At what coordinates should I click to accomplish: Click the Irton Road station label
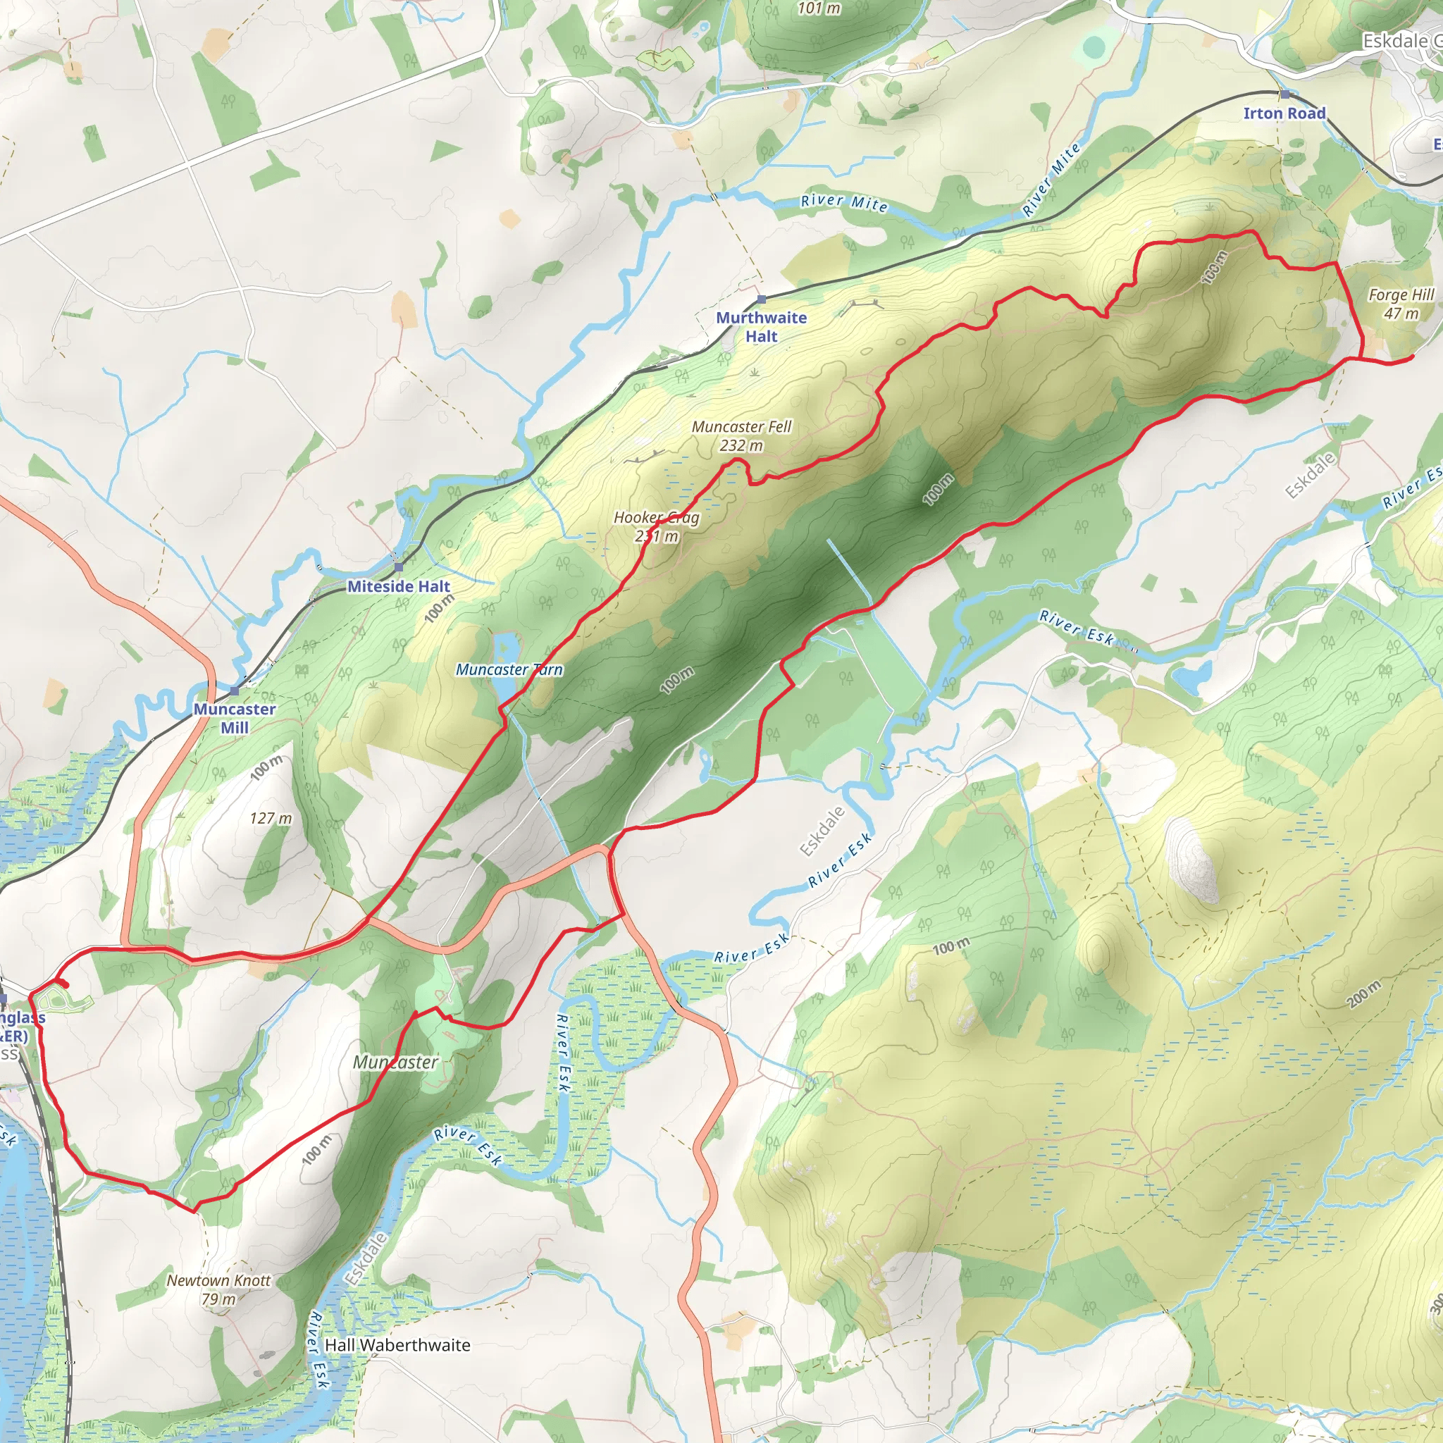(1284, 113)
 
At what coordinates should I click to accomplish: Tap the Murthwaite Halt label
(761, 327)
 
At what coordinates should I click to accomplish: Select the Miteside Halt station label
(399, 586)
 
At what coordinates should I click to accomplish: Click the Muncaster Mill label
(235, 718)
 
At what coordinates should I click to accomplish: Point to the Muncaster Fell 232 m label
(741, 435)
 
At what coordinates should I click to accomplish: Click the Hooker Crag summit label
(657, 526)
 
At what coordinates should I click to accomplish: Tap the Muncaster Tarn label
(509, 670)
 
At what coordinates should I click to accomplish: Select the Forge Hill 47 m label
(1401, 304)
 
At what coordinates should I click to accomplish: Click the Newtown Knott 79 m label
(219, 1289)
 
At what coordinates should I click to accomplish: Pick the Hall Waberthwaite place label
(397, 1345)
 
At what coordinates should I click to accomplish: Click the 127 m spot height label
(271, 819)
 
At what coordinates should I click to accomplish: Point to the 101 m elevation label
(819, 9)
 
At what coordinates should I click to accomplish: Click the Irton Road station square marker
(1284, 94)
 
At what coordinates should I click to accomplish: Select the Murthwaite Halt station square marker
(761, 299)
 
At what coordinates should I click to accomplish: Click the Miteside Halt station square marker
(398, 568)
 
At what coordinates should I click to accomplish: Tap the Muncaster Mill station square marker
(235, 691)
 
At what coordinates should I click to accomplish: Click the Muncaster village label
(395, 1062)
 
